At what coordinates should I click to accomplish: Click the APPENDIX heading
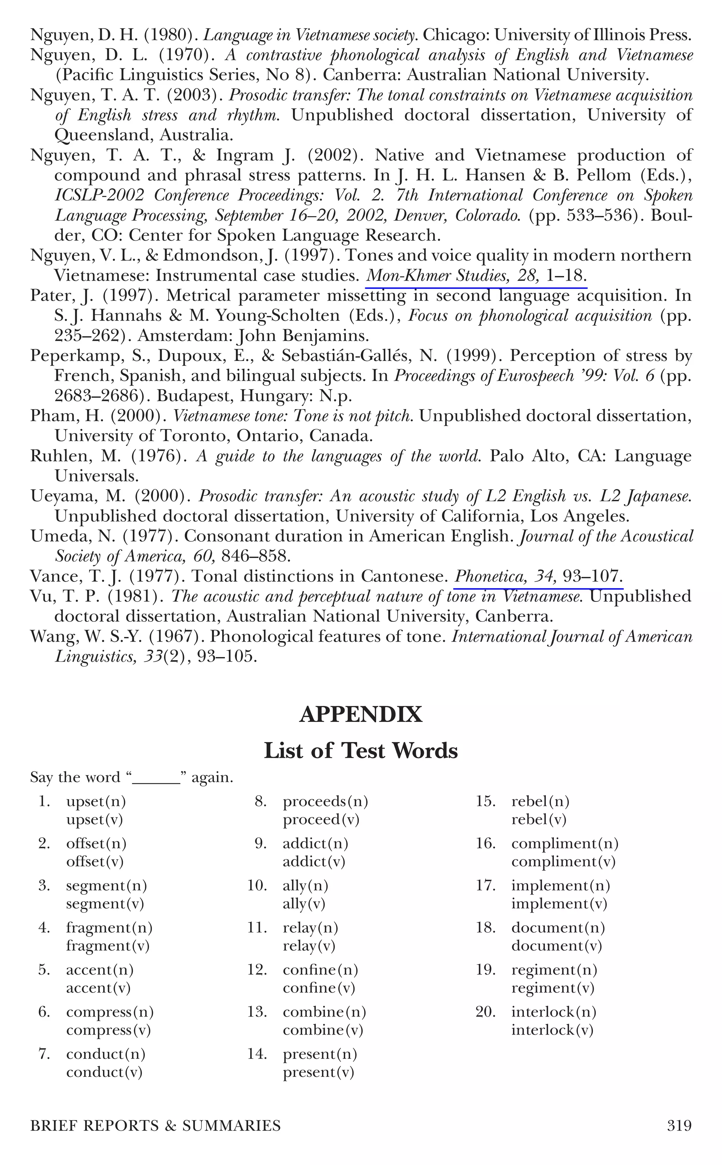point(361,715)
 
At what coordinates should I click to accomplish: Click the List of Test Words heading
point(361,750)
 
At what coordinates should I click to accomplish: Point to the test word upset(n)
point(96,802)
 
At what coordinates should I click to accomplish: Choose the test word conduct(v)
point(104,1073)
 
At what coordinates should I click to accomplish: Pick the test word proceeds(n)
point(325,802)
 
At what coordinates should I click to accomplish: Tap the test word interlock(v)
point(552,1030)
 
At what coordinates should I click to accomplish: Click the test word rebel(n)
point(540,802)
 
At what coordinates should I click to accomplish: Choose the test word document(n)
point(558,928)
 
